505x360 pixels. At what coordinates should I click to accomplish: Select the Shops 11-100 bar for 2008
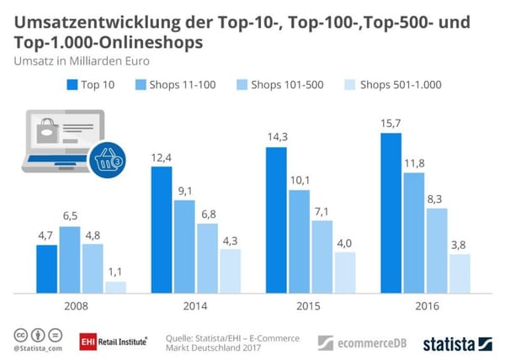pyautogui.click(x=70, y=260)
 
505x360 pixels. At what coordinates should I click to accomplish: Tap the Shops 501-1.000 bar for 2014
pyautogui.click(x=230, y=271)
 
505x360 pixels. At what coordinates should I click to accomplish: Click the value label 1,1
pyautogui.click(x=115, y=273)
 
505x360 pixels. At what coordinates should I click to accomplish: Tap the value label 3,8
pyautogui.click(x=460, y=246)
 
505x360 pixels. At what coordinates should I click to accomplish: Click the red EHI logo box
pyautogui.click(x=87, y=341)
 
